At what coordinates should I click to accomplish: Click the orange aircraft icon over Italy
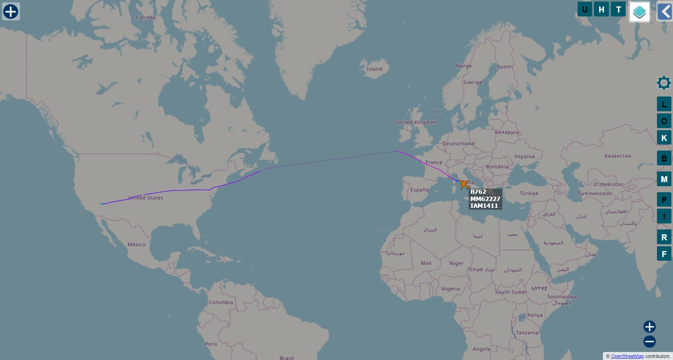click(464, 184)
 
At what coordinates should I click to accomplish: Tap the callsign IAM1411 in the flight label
click(484, 206)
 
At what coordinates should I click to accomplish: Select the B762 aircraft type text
click(478, 192)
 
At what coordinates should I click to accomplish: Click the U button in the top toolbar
click(584, 9)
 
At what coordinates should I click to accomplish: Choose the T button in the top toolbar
click(618, 9)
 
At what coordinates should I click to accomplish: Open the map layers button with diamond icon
click(639, 12)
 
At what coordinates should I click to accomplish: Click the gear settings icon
click(664, 83)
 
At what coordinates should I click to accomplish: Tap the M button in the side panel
click(664, 179)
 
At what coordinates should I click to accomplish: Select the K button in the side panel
click(664, 138)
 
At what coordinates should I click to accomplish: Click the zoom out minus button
click(649, 342)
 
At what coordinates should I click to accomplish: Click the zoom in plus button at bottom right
click(649, 327)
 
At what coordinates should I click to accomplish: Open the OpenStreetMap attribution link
click(627, 356)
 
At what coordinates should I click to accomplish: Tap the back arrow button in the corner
click(665, 12)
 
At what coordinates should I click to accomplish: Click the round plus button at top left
click(11, 12)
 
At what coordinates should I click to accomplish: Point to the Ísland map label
click(375, 69)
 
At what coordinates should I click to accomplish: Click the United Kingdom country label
click(416, 122)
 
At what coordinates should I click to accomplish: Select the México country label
click(137, 244)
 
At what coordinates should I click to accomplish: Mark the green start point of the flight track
click(101, 203)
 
